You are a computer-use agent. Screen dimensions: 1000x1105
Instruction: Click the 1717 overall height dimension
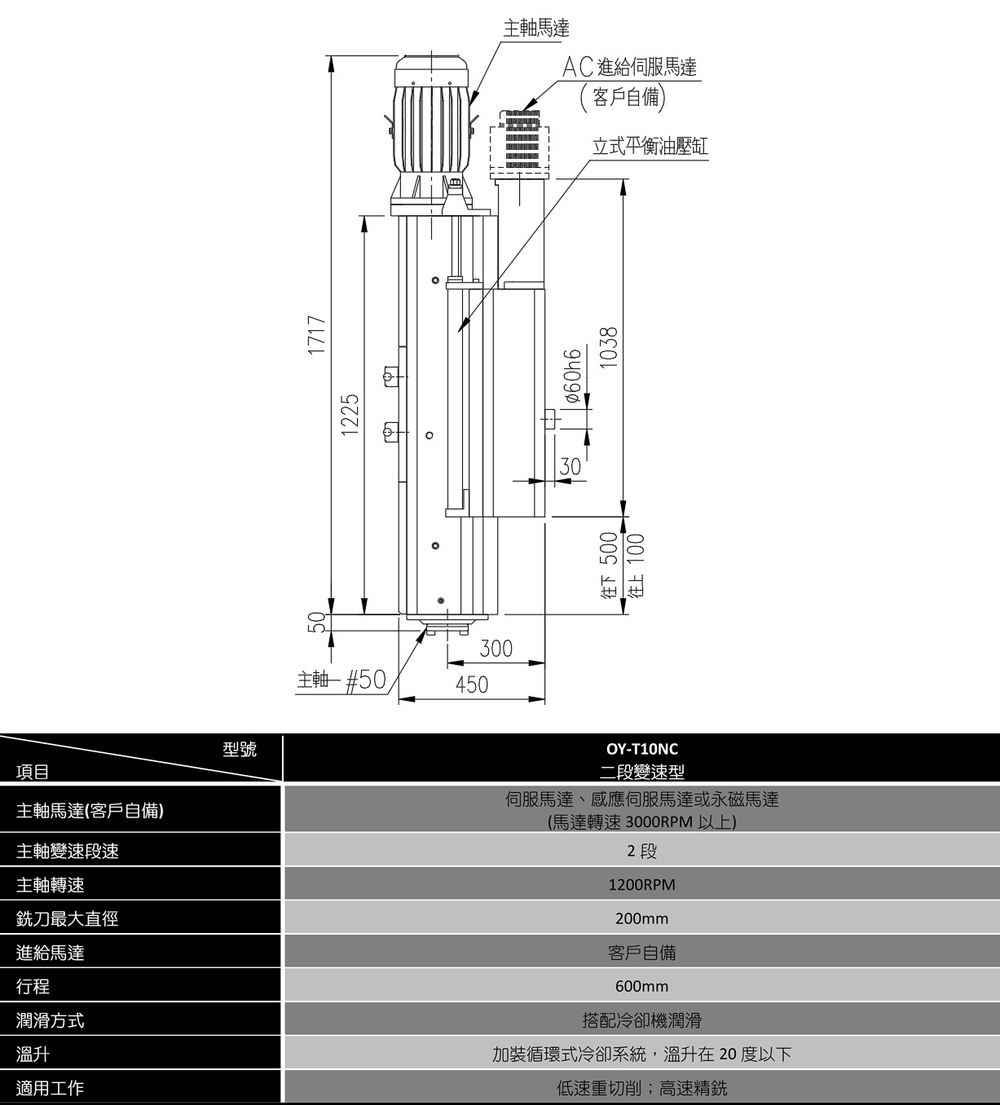point(318,336)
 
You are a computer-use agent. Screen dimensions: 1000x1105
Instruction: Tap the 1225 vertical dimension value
point(350,414)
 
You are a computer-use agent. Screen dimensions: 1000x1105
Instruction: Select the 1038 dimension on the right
point(609,348)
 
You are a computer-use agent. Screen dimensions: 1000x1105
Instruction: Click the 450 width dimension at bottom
point(472,685)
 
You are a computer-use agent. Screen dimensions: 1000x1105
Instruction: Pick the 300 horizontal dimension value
point(496,649)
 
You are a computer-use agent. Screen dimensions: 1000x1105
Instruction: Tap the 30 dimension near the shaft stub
point(570,467)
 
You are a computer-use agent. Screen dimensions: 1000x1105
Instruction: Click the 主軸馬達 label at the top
point(536,29)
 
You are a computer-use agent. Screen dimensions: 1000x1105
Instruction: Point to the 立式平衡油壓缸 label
point(650,146)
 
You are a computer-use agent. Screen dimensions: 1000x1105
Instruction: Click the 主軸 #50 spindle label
point(341,680)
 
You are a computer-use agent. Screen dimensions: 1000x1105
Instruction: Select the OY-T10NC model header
point(642,749)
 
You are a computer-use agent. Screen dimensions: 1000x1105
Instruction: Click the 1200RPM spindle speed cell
point(642,885)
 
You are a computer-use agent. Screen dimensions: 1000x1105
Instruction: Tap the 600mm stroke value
point(642,986)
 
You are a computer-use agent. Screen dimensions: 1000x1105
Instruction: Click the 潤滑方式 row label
point(51,1020)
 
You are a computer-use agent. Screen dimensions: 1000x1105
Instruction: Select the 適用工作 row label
point(51,1088)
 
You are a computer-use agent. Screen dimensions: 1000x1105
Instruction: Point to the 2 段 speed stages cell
point(642,851)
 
